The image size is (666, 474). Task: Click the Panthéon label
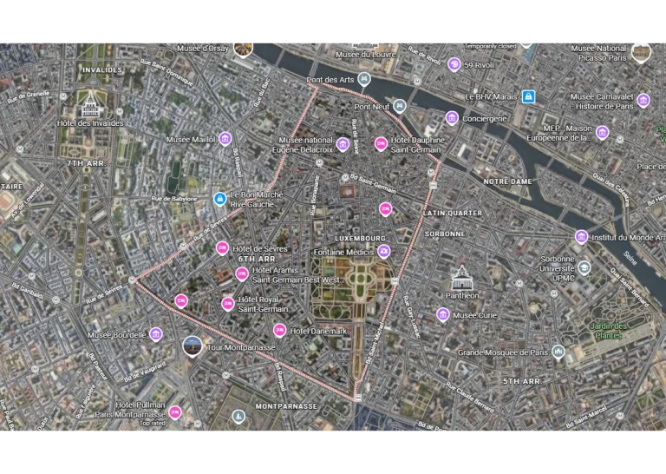click(461, 295)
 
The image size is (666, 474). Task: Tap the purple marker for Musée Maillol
click(225, 139)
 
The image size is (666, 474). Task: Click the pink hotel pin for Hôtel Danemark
click(280, 330)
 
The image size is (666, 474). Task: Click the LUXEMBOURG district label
click(360, 238)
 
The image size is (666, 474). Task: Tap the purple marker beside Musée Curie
click(443, 314)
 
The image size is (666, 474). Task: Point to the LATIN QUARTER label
click(453, 213)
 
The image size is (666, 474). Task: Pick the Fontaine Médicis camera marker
click(383, 252)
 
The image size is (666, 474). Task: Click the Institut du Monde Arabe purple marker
click(581, 236)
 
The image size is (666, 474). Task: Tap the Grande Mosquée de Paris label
click(503, 352)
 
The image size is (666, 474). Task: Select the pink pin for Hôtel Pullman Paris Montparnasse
click(175, 411)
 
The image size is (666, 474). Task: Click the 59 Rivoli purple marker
click(454, 64)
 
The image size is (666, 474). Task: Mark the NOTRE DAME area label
click(506, 181)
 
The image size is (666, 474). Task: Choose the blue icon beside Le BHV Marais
click(528, 96)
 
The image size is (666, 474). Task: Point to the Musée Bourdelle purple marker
click(156, 334)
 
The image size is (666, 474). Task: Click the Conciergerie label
click(485, 118)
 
